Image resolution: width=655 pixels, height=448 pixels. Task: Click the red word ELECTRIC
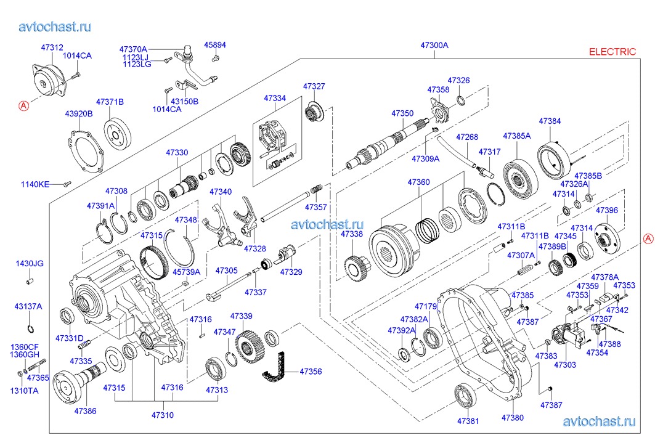click(x=612, y=52)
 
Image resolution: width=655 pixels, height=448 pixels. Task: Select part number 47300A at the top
click(x=434, y=46)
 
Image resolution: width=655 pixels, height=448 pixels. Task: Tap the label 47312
click(x=52, y=47)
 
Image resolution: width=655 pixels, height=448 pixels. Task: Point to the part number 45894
click(x=215, y=45)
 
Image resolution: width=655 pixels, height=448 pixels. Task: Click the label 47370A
click(x=134, y=49)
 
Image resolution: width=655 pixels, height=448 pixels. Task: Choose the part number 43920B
click(x=79, y=113)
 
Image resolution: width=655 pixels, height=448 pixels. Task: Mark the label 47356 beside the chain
click(x=311, y=372)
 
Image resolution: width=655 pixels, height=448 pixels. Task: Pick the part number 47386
click(x=85, y=410)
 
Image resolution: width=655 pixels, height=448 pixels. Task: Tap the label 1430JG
click(x=30, y=264)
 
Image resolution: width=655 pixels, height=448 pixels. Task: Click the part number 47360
click(x=418, y=182)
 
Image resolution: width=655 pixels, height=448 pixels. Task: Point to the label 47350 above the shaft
click(x=402, y=114)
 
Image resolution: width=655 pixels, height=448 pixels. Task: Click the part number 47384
click(x=550, y=121)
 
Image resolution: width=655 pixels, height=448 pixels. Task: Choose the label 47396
click(x=606, y=211)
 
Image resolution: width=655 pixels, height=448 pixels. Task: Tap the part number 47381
click(x=468, y=422)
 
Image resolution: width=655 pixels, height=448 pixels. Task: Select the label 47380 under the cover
click(x=512, y=418)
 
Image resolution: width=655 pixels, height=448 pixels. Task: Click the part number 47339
click(x=241, y=316)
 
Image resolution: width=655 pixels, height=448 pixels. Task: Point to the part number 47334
click(x=275, y=99)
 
